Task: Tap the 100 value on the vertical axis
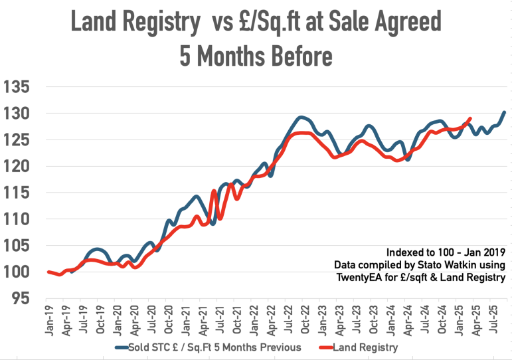pos(17,272)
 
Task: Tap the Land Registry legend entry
pos(367,347)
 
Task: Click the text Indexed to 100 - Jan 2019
pos(446,252)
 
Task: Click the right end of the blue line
pos(504,112)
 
